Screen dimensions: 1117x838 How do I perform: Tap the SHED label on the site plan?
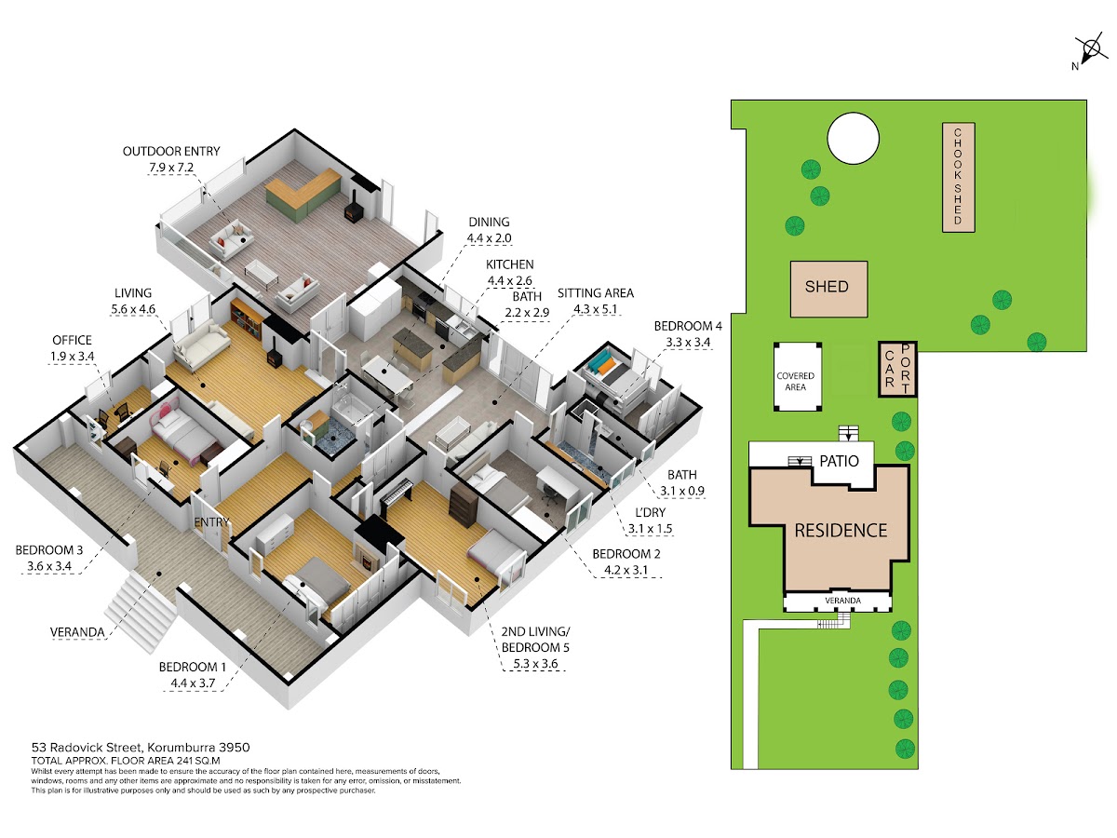[827, 287]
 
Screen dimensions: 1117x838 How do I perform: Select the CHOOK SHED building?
[958, 177]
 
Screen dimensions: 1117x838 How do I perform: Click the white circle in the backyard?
[853, 139]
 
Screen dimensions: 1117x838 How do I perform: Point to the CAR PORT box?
[897, 369]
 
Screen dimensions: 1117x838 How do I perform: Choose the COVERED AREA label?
[795, 381]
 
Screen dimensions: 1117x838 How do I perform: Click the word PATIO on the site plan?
[839, 461]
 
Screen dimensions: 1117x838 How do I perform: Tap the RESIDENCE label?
[841, 531]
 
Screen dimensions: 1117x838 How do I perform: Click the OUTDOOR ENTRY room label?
[171, 151]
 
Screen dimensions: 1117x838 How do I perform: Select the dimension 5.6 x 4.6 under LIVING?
[133, 309]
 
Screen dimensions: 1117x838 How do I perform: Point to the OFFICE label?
[72, 340]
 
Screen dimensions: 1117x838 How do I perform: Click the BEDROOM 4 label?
[688, 326]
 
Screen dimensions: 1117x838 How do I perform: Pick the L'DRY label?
[650, 512]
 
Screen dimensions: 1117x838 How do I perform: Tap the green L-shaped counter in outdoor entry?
[303, 194]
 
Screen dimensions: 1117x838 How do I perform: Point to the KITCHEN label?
[509, 264]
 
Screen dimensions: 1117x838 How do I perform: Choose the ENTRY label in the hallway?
[211, 522]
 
